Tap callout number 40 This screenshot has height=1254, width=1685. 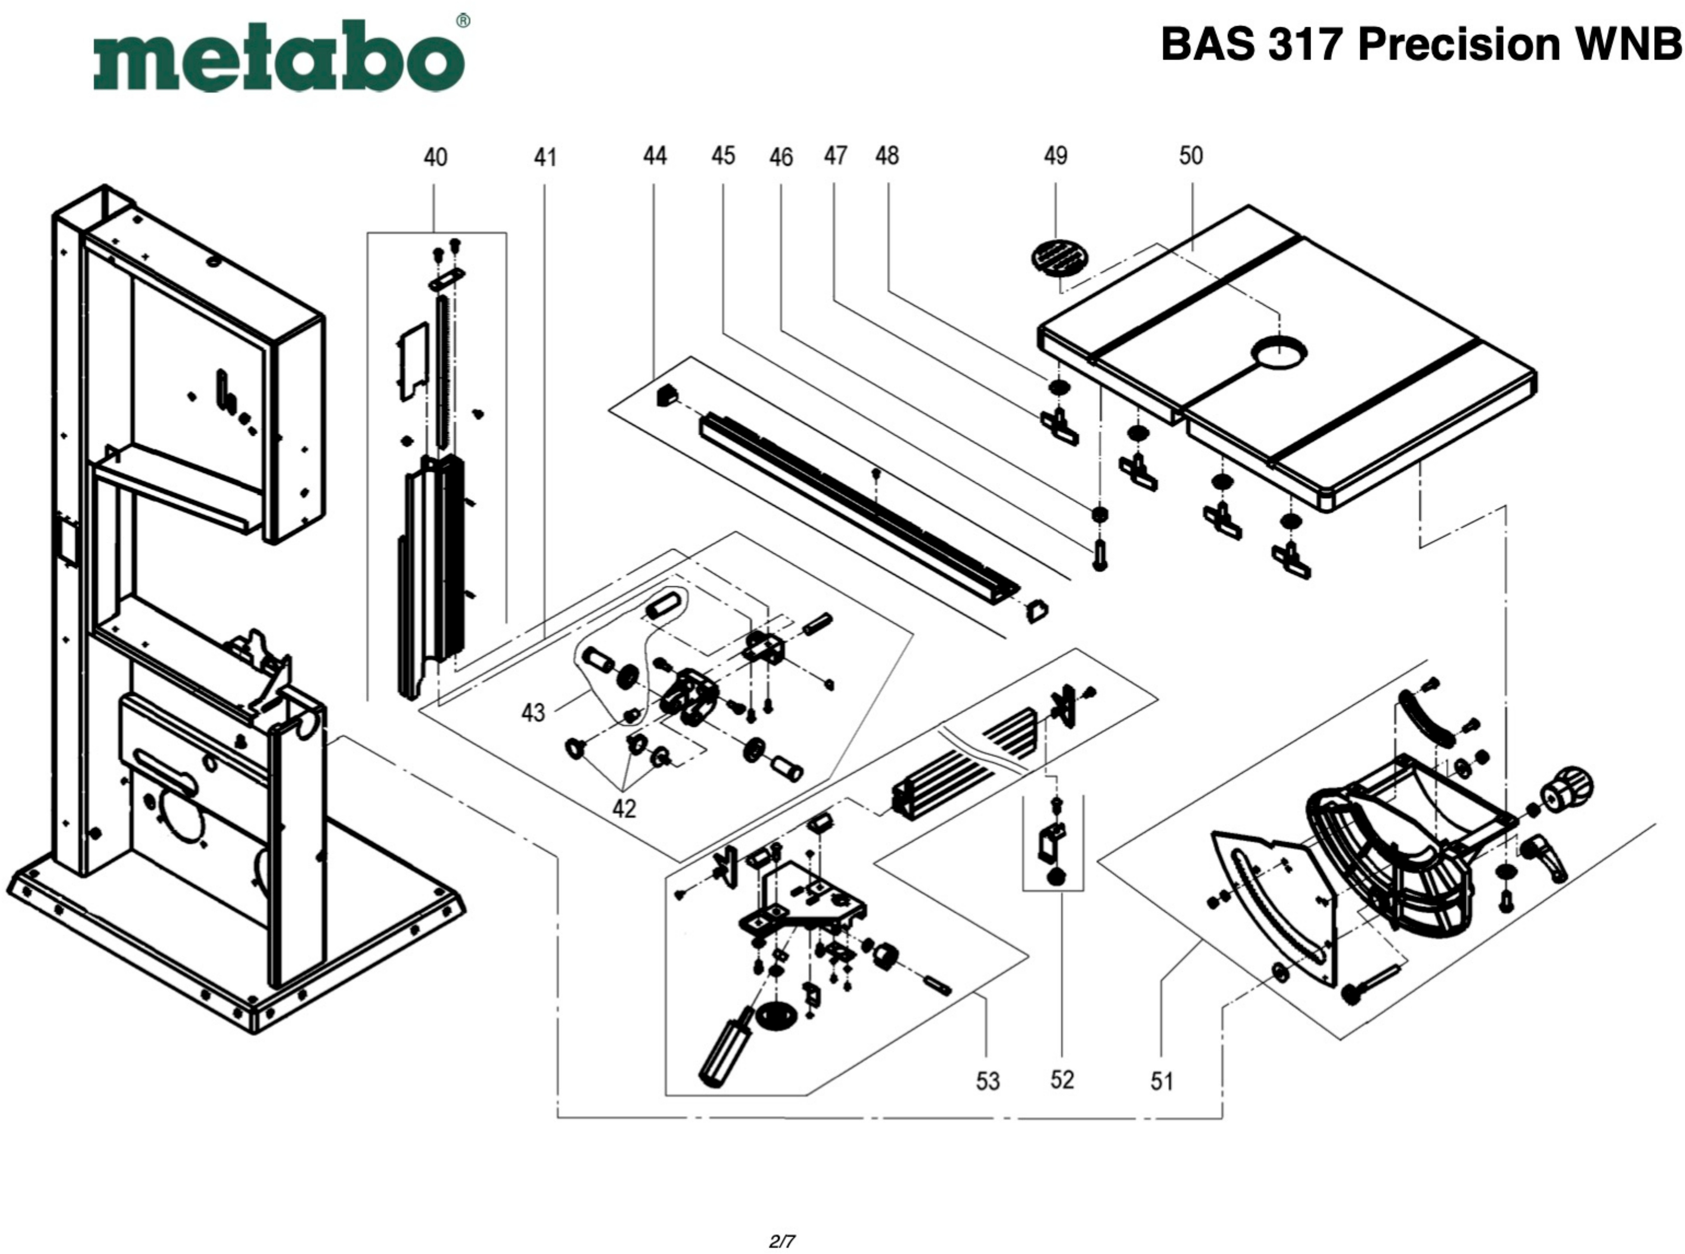coord(435,158)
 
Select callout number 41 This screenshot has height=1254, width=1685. coord(545,158)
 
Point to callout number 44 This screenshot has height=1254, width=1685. coord(655,156)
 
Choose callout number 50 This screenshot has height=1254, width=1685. coord(1191,155)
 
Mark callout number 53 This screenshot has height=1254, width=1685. coord(987,1081)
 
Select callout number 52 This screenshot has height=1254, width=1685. coord(1062,1079)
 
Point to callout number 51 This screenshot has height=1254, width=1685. coord(1162,1081)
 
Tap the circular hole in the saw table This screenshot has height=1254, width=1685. coord(1280,354)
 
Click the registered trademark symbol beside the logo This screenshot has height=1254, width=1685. coord(463,21)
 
